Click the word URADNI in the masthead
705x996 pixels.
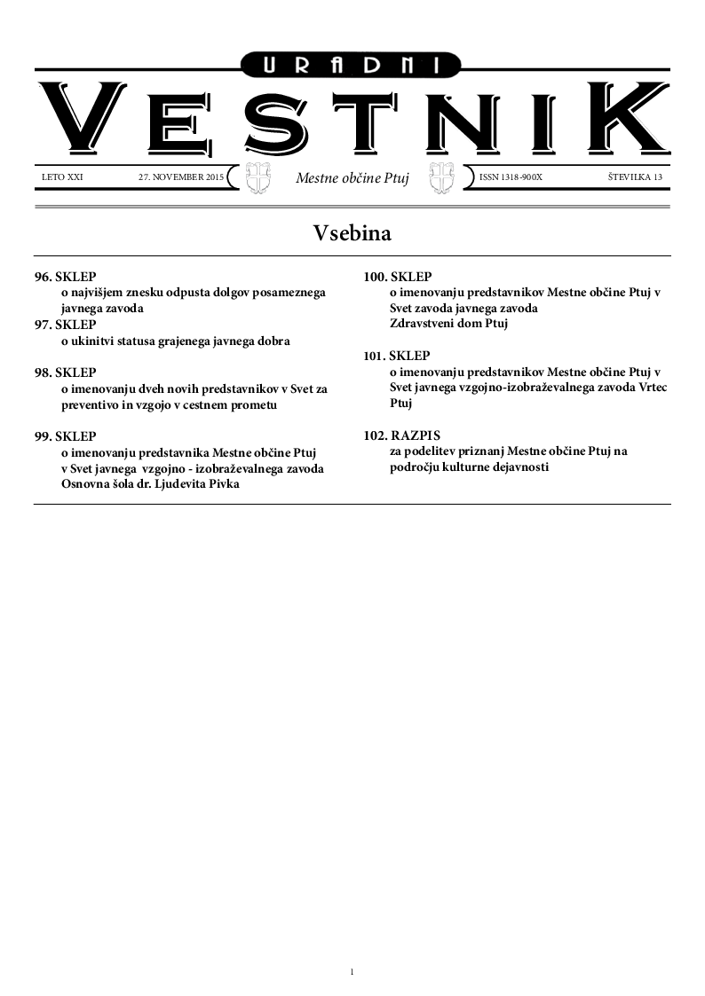coord(352,64)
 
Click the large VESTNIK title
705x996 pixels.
coord(352,120)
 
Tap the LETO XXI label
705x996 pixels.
coord(62,177)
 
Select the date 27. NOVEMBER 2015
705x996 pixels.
coord(181,177)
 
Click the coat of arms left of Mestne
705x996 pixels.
coord(257,177)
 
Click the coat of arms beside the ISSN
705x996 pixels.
coord(441,177)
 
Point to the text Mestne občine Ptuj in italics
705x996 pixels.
coord(352,178)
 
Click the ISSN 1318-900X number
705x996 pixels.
coord(511,177)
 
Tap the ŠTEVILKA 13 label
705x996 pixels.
coord(635,177)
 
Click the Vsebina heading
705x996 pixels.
coord(352,233)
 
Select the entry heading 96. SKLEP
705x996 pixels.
coord(66,278)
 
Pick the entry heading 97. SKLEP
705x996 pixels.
coord(66,325)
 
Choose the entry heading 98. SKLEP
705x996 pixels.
coord(66,373)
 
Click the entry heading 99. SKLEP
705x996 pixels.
coord(66,436)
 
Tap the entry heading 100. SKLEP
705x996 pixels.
coord(398,277)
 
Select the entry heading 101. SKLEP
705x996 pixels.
coord(398,356)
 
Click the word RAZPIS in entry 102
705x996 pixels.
coord(416,435)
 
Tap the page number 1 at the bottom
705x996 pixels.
coord(352,972)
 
